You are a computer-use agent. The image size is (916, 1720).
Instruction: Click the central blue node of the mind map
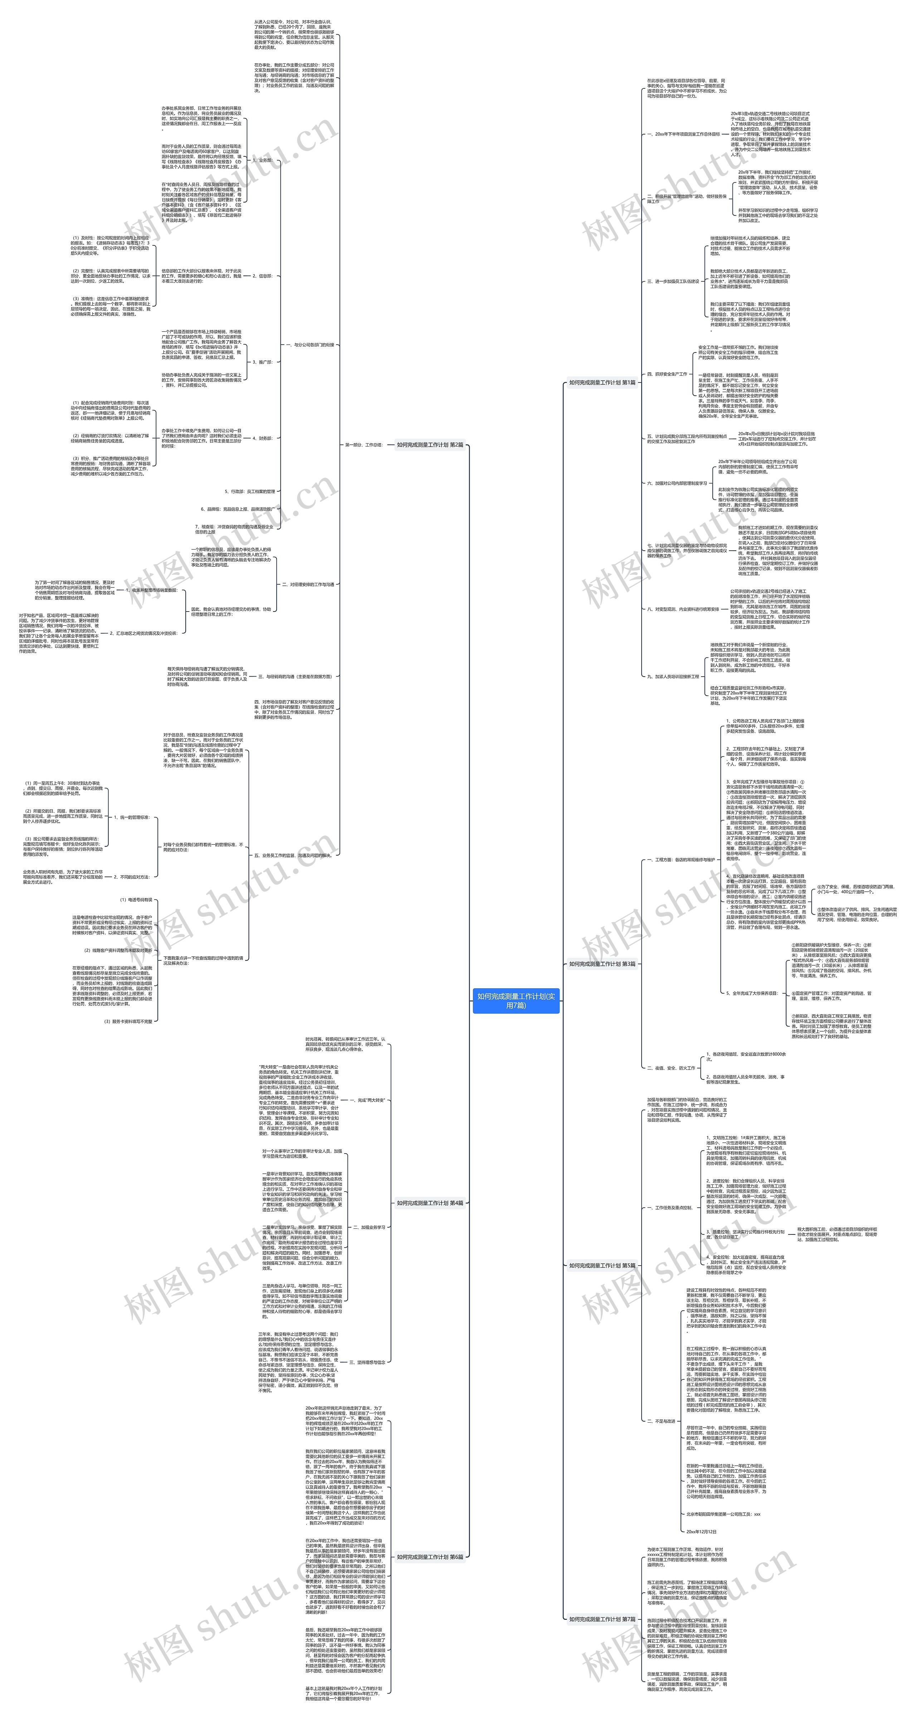click(x=515, y=1000)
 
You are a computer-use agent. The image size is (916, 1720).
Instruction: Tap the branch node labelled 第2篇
click(x=430, y=445)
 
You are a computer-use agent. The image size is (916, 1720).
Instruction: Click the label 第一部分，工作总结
click(x=364, y=445)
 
